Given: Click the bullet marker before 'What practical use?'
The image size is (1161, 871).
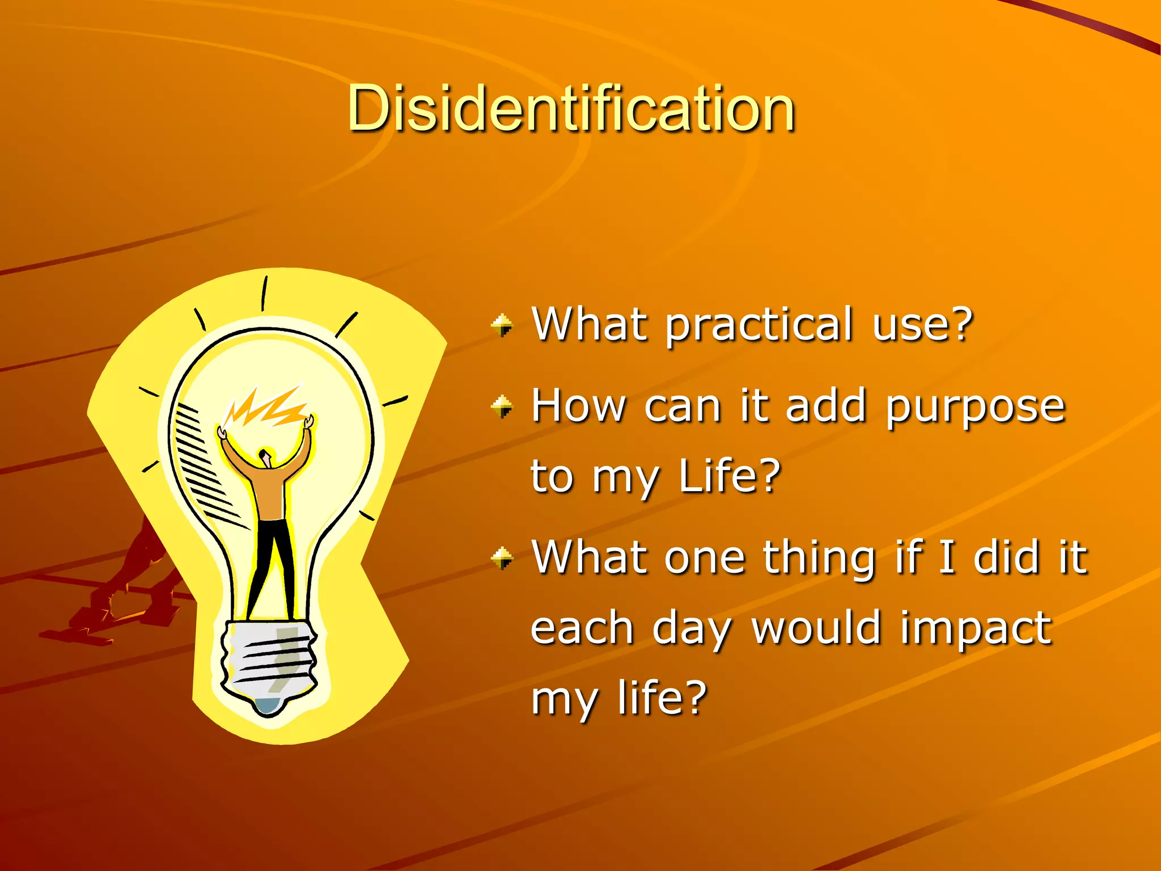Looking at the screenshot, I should click(x=502, y=326).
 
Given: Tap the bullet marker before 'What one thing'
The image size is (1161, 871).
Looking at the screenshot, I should click(x=502, y=558).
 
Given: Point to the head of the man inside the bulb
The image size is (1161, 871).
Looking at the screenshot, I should click(x=265, y=456).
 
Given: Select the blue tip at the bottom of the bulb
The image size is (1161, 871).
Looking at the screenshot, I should click(x=268, y=705).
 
